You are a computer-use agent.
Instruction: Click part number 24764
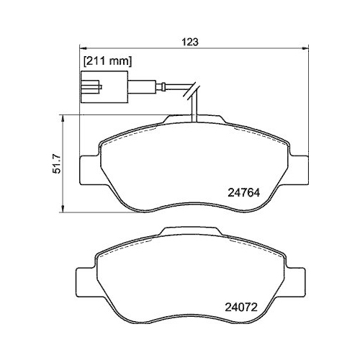[245, 193]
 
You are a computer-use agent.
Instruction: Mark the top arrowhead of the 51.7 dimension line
[63, 116]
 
